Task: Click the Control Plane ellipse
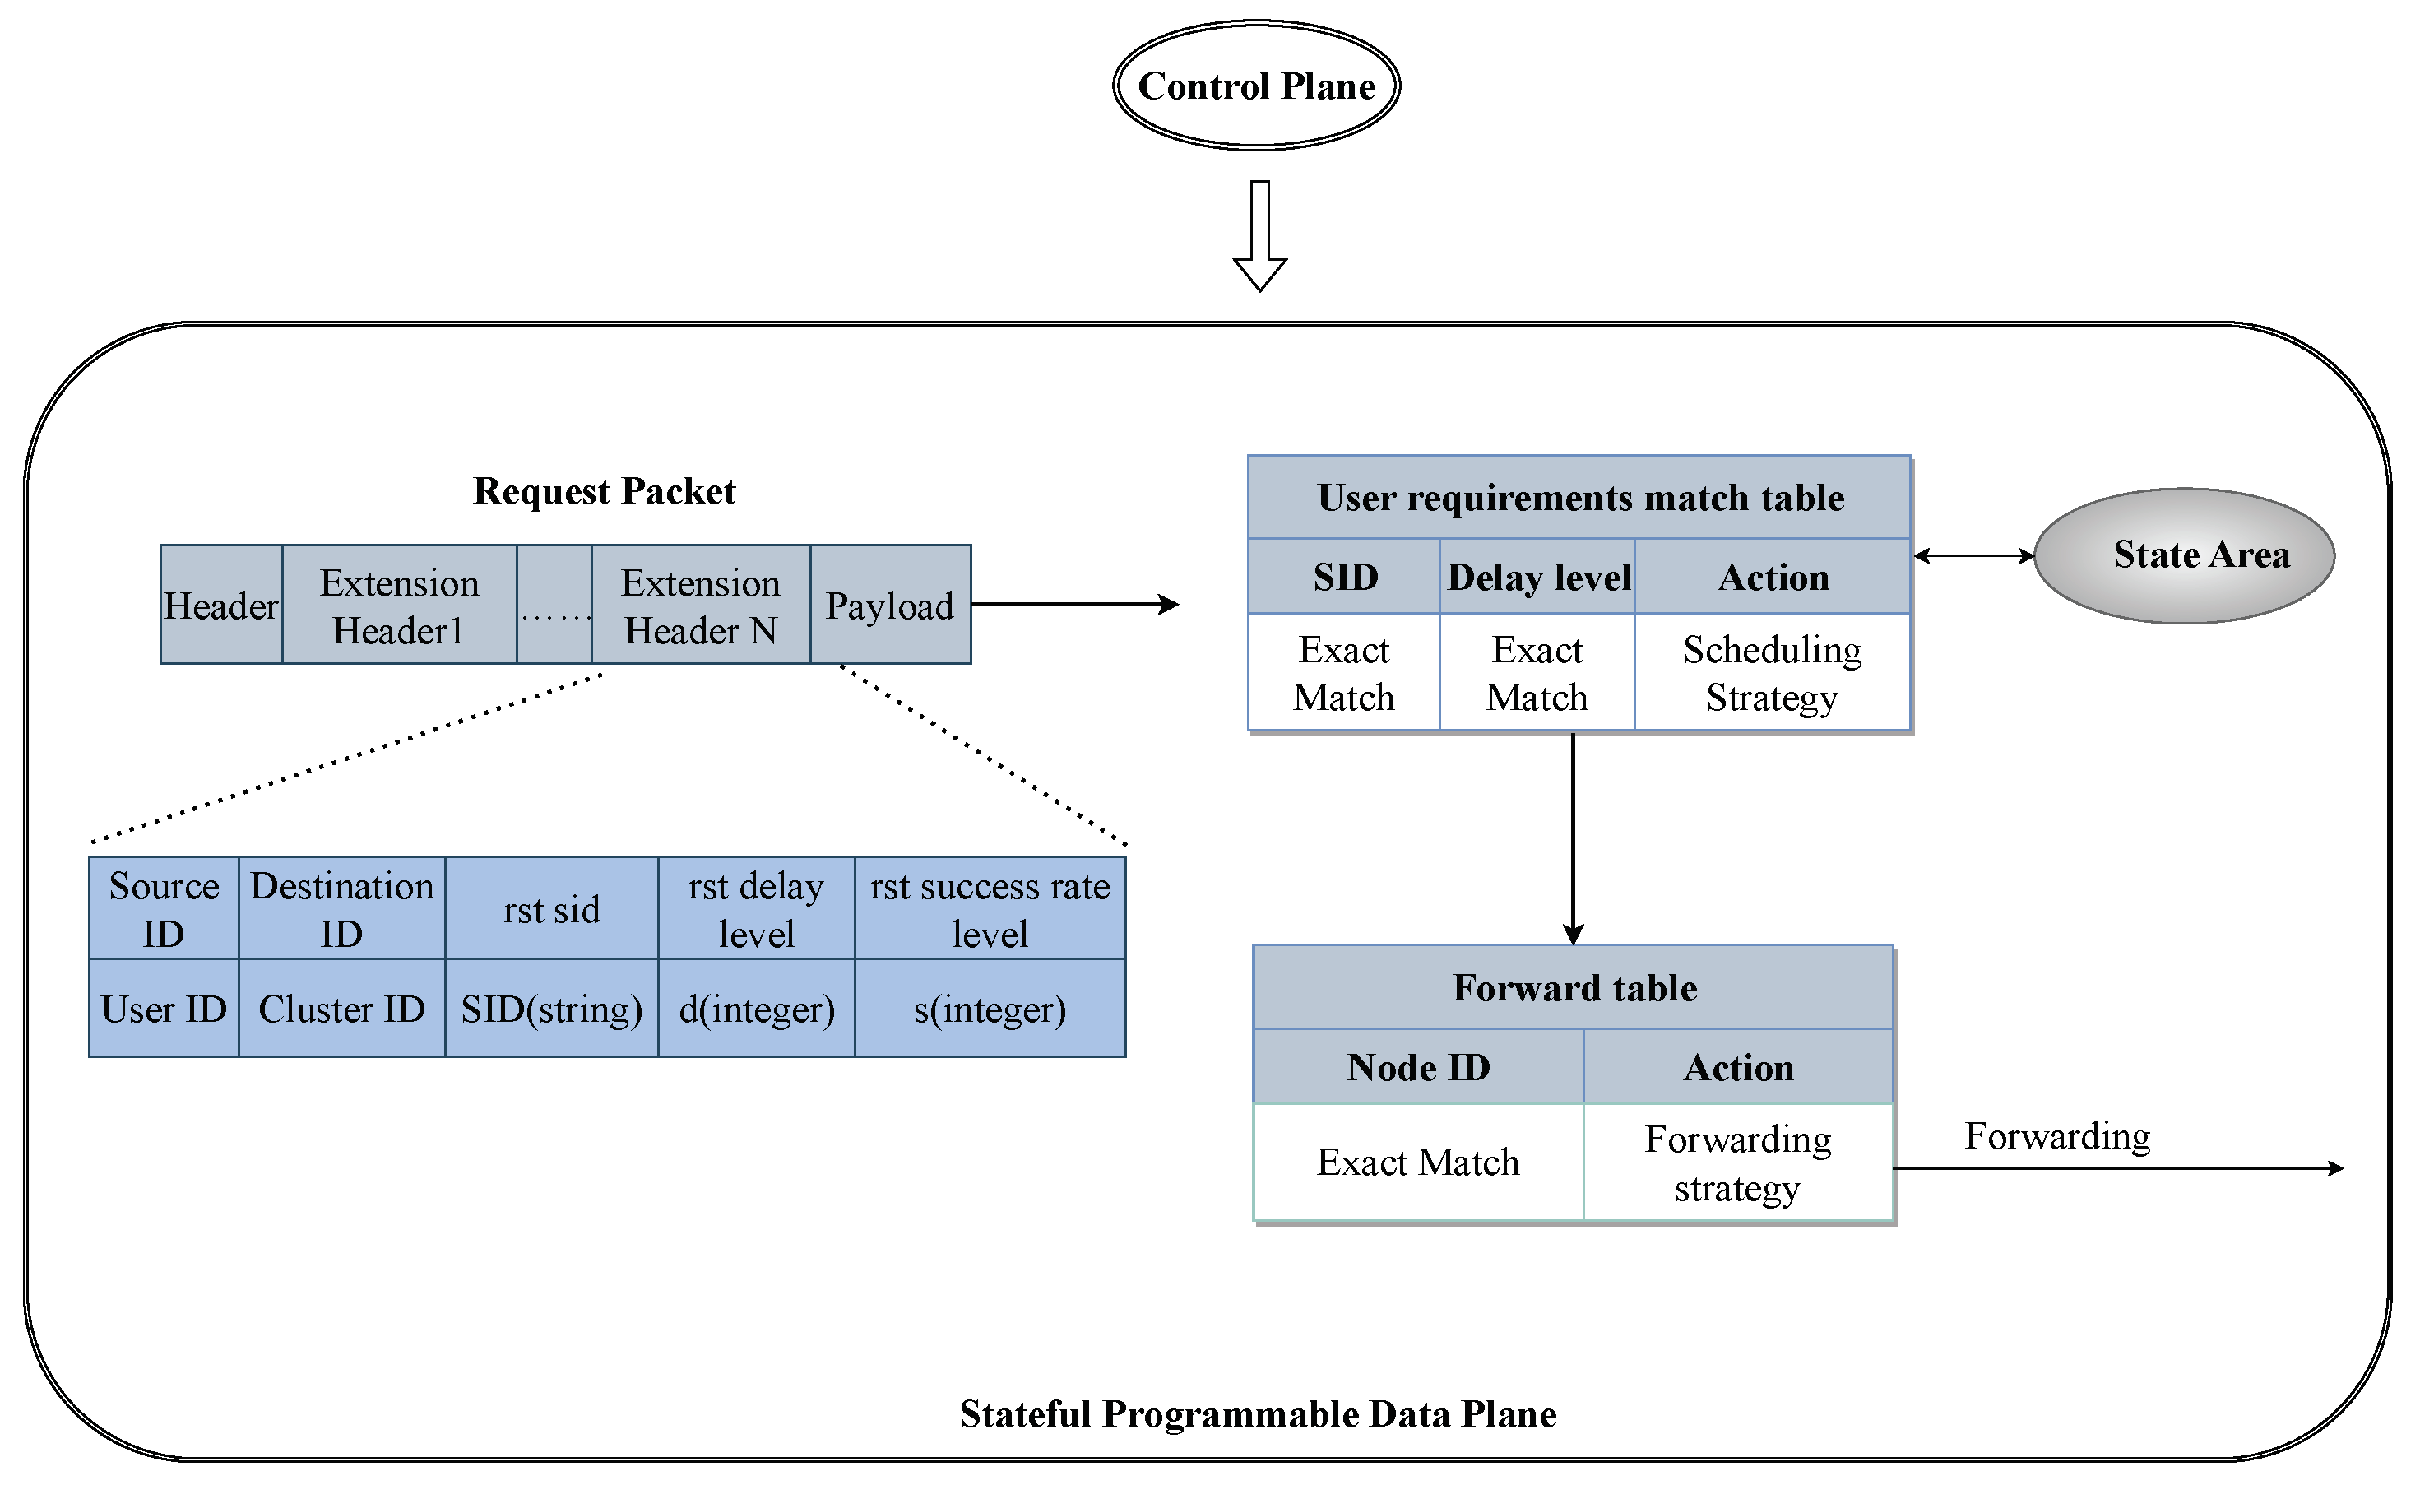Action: [x=1256, y=86]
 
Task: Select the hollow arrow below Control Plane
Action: [x=1260, y=236]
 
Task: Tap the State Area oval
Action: [x=2184, y=556]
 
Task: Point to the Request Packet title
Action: [x=604, y=491]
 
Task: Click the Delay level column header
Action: [x=1538, y=578]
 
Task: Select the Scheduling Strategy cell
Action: [x=1772, y=674]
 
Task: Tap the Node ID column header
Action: [x=1418, y=1068]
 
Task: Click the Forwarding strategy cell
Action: [x=1737, y=1162]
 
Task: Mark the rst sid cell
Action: [x=551, y=909]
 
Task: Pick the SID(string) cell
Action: [x=551, y=1009]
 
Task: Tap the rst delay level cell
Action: [x=755, y=909]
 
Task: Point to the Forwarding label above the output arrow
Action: [x=2056, y=1136]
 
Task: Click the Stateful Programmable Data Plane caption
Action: [x=1257, y=1414]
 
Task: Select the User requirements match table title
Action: [x=1579, y=498]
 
